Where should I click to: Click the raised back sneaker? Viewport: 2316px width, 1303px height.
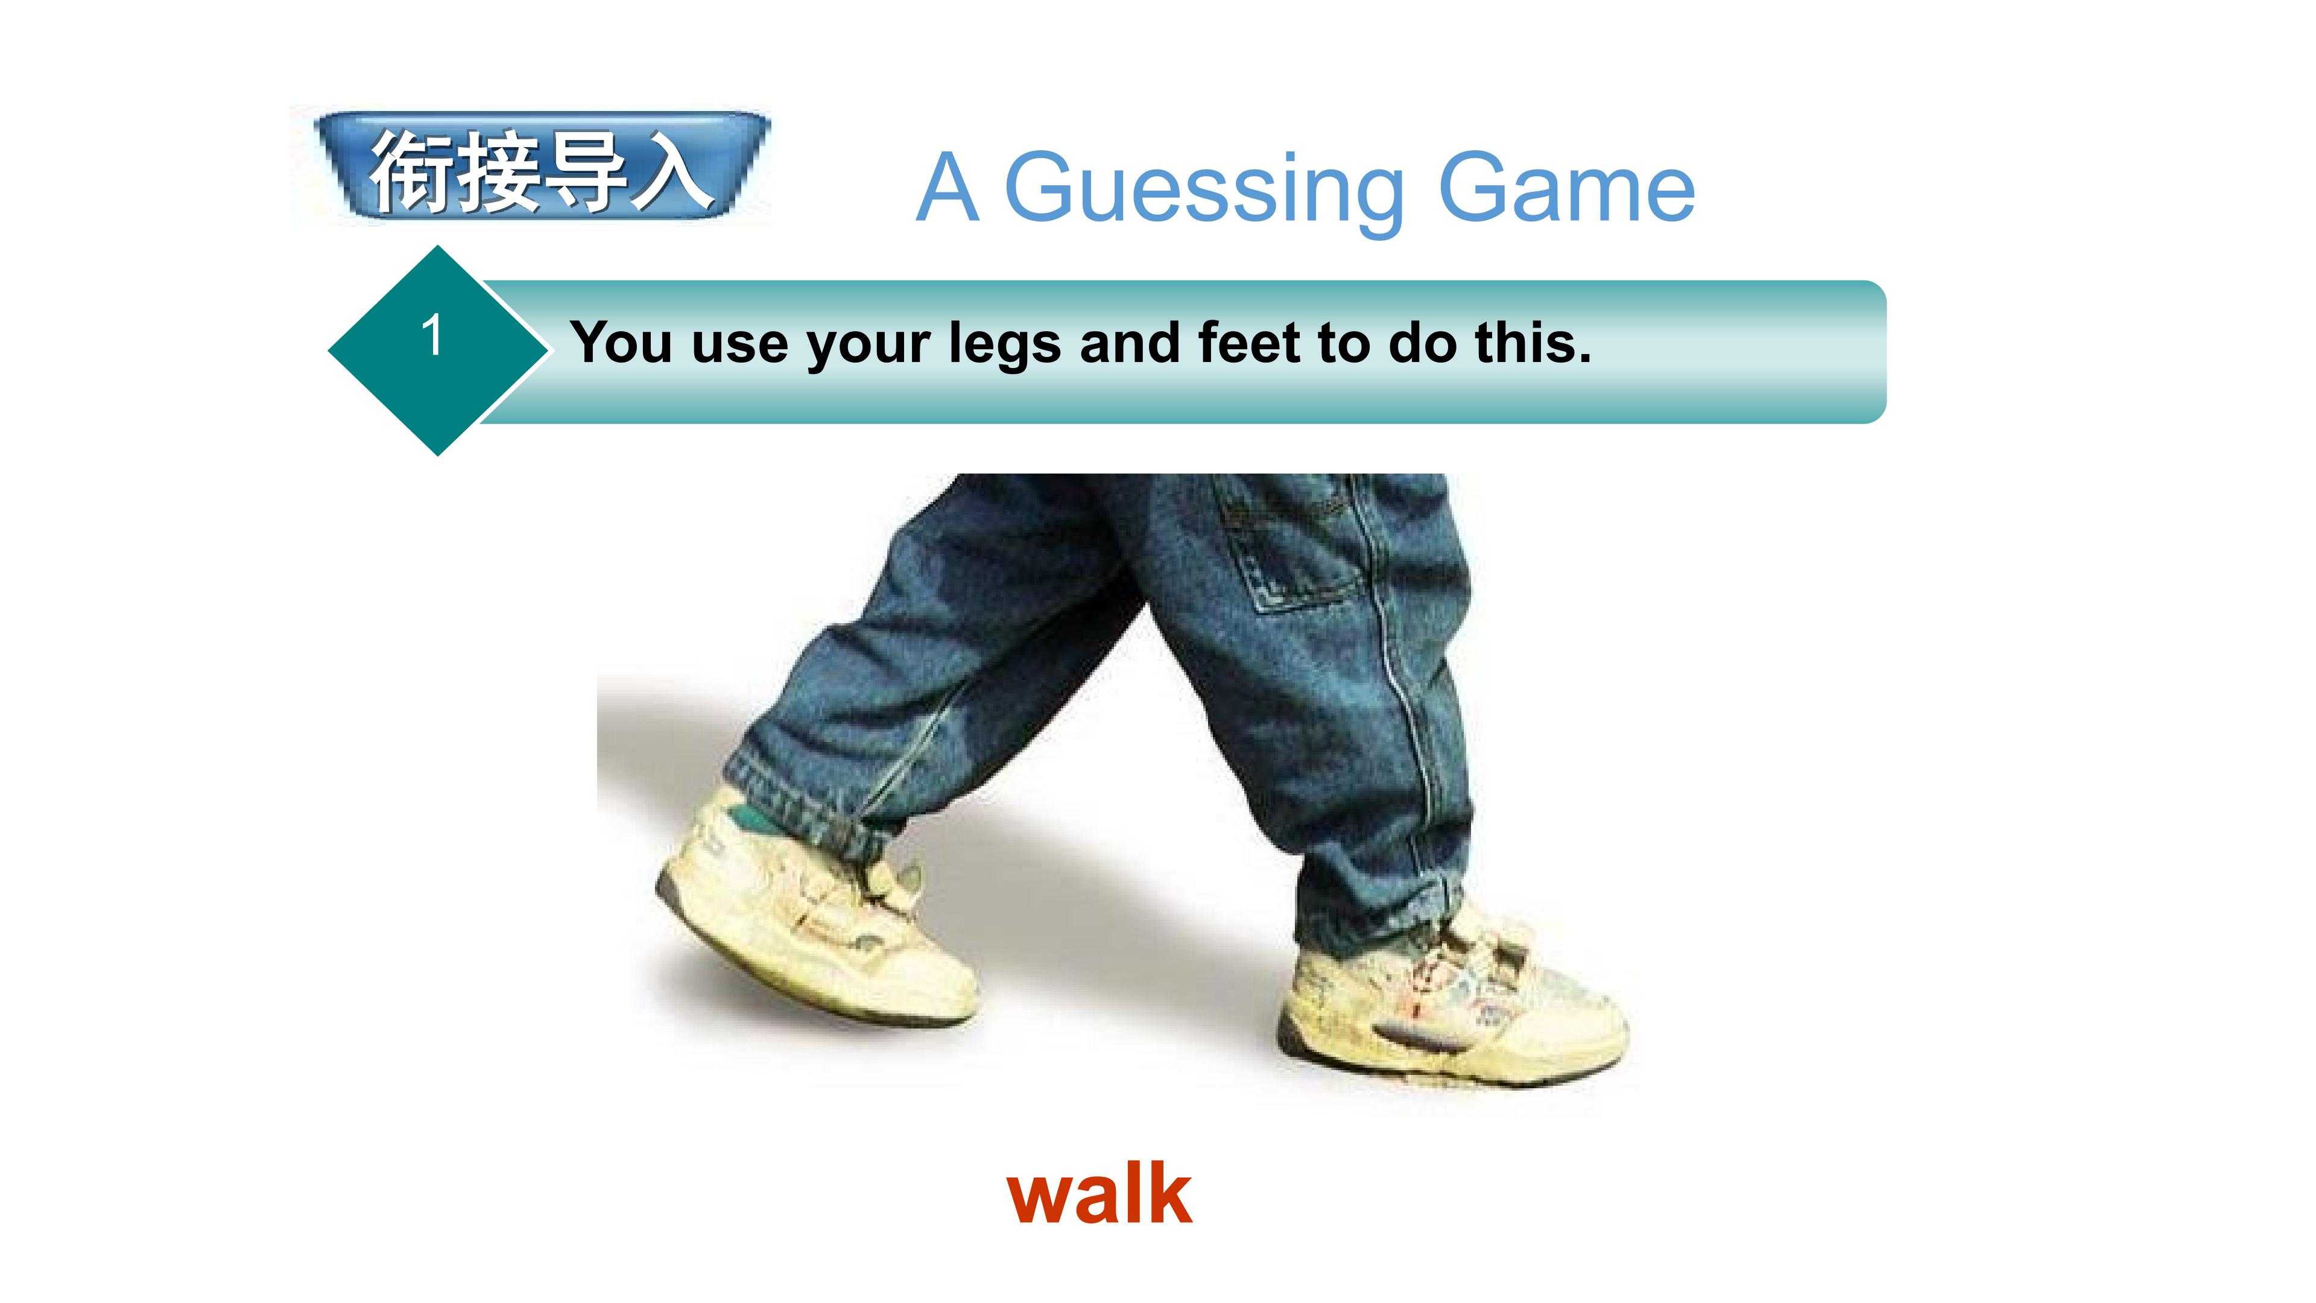[809, 926]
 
